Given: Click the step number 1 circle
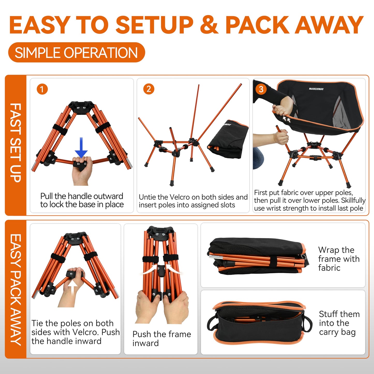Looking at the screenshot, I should pyautogui.click(x=42, y=89).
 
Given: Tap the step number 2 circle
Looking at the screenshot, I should pyautogui.click(x=149, y=89).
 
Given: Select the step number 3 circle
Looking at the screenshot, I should pyautogui.click(x=261, y=89).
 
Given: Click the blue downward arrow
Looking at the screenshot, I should pyautogui.click(x=81, y=148).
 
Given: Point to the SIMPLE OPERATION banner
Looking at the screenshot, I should pyautogui.click(x=76, y=53).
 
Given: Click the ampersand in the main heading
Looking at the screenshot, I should pyautogui.click(x=209, y=25).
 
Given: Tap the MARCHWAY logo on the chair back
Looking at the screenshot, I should pyautogui.click(x=316, y=89).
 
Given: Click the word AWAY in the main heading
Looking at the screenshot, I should pyautogui.click(x=329, y=25).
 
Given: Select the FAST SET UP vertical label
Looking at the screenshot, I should pyautogui.click(x=16, y=143).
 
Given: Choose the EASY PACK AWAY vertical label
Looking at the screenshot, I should pyautogui.click(x=16, y=290).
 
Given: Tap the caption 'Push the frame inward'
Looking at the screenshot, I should pyautogui.click(x=162, y=339).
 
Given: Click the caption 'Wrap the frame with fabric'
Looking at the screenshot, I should pyautogui.click(x=339, y=259).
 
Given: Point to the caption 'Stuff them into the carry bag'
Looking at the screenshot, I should pyautogui.click(x=339, y=323).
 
